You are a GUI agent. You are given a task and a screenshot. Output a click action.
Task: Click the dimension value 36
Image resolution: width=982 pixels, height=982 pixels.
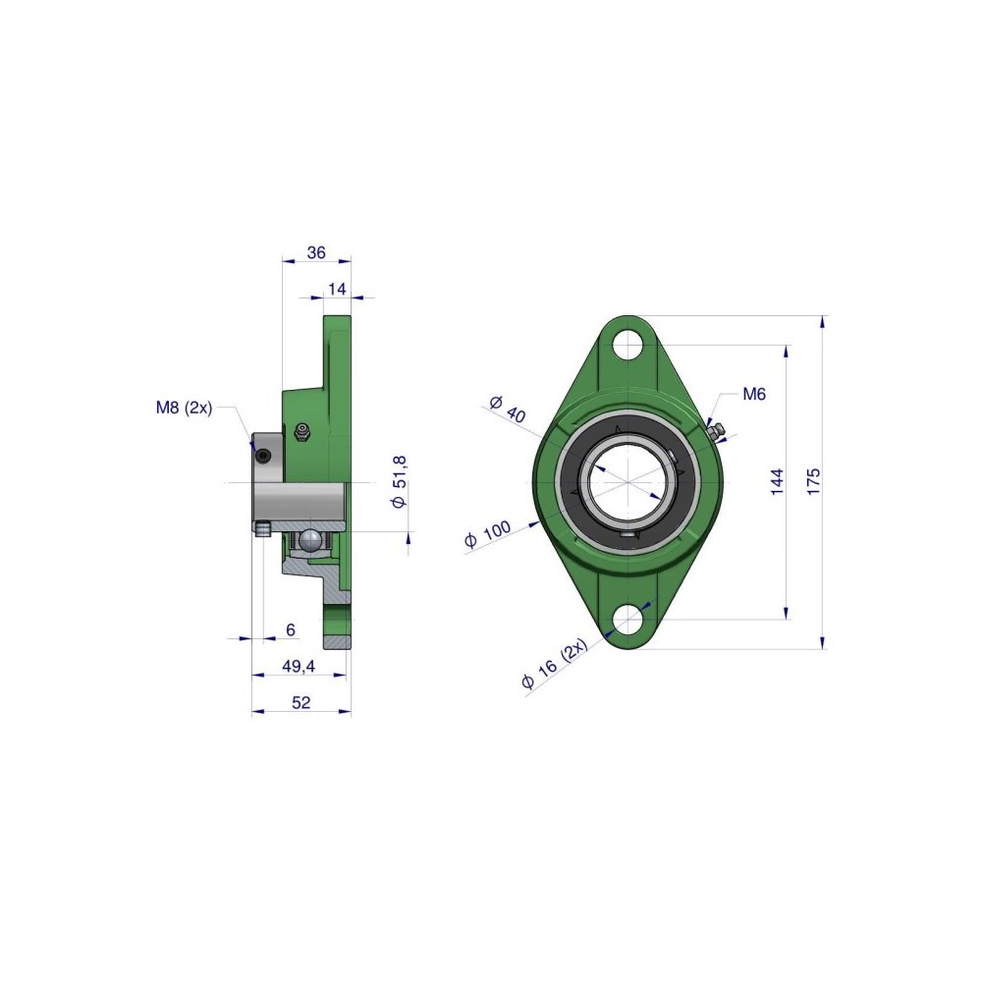point(316,252)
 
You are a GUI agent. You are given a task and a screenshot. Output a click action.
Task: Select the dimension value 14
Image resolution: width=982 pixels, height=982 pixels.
point(337,289)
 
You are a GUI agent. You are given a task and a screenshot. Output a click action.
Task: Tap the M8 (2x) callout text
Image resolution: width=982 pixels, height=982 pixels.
point(185,409)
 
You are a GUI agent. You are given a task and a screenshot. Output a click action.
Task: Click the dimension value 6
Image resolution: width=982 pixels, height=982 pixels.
point(291,629)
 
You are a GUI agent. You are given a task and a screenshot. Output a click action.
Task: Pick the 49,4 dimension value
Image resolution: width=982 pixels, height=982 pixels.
point(299,667)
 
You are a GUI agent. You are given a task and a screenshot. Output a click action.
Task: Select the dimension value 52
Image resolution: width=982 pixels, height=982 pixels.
point(301,703)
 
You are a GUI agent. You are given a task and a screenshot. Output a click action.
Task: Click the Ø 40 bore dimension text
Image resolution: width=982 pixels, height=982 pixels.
point(508,409)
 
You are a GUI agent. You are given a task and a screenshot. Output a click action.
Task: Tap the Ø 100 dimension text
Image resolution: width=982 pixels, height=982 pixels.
point(487,534)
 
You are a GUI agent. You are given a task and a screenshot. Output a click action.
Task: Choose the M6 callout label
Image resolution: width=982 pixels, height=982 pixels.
point(754,394)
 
